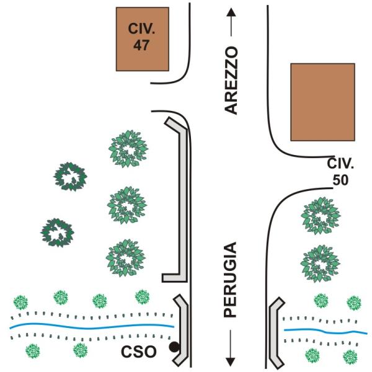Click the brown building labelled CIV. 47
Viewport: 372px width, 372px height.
pyautogui.click(x=142, y=38)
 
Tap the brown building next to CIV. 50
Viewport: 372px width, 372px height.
pyautogui.click(x=322, y=102)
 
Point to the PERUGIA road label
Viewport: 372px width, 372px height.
pyautogui.click(x=231, y=281)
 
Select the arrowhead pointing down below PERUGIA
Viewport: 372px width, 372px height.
pyautogui.click(x=231, y=359)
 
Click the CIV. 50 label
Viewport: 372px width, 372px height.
pyautogui.click(x=340, y=172)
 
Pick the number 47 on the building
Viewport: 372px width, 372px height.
pyautogui.click(x=142, y=45)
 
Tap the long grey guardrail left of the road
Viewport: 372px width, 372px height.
pyautogui.click(x=181, y=198)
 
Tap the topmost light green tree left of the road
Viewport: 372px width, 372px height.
pyautogui.click(x=128, y=149)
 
